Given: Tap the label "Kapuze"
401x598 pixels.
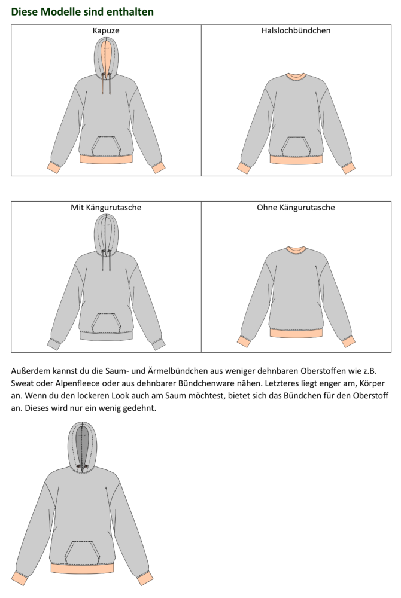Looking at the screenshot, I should click(x=106, y=30).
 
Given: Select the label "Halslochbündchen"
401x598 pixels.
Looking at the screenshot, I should click(x=296, y=30).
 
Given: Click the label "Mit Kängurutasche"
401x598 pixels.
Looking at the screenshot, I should click(x=106, y=208).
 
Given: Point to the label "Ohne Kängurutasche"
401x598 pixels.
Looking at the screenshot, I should click(x=296, y=208).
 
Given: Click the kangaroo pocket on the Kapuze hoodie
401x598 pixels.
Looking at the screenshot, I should click(x=106, y=145).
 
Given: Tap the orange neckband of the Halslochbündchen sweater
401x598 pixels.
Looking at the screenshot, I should click(x=296, y=76).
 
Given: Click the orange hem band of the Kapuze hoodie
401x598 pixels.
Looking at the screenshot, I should click(x=106, y=159).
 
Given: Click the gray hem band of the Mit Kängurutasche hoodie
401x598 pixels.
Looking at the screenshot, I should click(x=106, y=335).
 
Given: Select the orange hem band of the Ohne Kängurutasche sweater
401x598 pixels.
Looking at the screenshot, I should click(x=296, y=334).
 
